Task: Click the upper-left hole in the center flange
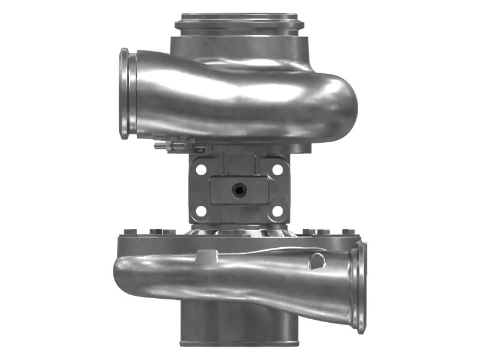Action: click(x=201, y=170)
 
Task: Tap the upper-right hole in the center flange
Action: click(x=277, y=170)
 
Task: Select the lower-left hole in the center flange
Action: click(x=201, y=211)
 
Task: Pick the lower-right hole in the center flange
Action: click(x=277, y=211)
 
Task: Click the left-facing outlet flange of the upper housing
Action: click(x=125, y=94)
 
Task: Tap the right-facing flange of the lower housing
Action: click(x=361, y=288)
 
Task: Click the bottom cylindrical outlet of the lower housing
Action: click(x=239, y=324)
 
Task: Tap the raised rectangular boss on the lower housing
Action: click(x=205, y=257)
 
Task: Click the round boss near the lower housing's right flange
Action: click(x=316, y=261)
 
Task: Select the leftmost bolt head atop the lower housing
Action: click(x=127, y=232)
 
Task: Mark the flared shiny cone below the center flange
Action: click(x=239, y=231)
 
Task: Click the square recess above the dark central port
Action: click(x=239, y=164)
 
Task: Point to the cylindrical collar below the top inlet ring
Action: click(x=239, y=46)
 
